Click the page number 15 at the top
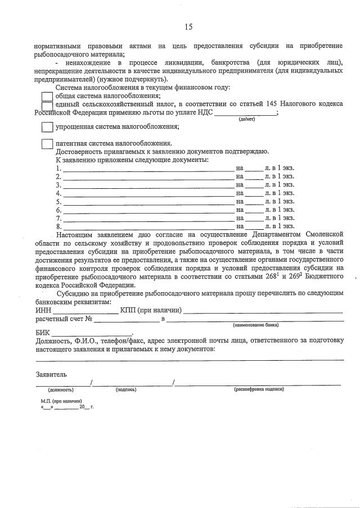tap(188, 26)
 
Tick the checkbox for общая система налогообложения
tap(47, 96)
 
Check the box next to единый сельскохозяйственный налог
tap(47, 106)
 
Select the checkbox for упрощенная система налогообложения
tap(47, 127)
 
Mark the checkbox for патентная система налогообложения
tap(47, 143)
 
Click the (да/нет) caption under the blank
tap(246, 119)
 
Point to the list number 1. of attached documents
tap(58, 168)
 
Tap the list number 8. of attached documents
tap(58, 226)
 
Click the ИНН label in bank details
tap(43, 310)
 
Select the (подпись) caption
tap(126, 389)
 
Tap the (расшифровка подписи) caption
tap(259, 389)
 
